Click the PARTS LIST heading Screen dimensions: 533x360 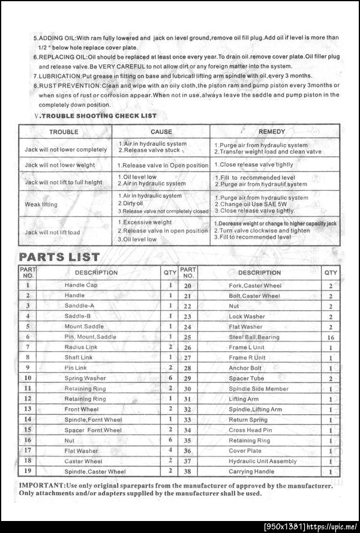[x=59, y=257]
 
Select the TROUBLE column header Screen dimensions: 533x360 [x=64, y=131]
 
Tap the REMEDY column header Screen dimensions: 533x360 [x=271, y=131]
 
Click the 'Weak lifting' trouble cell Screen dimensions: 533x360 [x=41, y=205]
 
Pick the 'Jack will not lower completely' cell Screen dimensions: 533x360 [x=66, y=149]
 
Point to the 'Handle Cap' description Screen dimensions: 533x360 [x=81, y=285]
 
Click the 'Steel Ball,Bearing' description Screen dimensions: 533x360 [x=254, y=337]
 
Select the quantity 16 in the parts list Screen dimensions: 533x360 [x=331, y=337]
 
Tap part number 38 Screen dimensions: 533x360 [x=188, y=472]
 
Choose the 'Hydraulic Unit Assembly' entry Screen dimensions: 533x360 [x=262, y=461]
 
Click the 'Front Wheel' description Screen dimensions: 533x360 [x=82, y=409]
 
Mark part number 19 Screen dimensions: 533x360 [x=28, y=472]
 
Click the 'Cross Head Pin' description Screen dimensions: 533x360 [x=250, y=430]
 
